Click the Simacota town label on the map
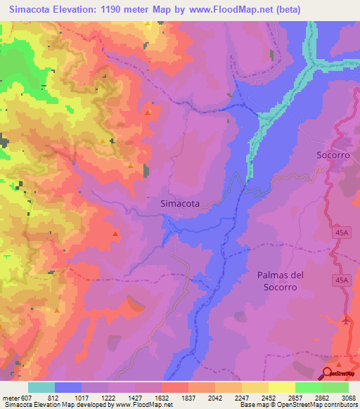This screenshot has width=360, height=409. pyautogui.click(x=180, y=203)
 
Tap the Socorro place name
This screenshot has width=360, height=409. pyautogui.click(x=333, y=155)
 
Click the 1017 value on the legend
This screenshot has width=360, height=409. pyautogui.click(x=81, y=398)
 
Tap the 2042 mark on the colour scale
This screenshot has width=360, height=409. pyautogui.click(x=214, y=398)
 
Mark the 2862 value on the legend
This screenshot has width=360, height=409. pyautogui.click(x=321, y=398)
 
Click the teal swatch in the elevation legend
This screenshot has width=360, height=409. pyautogui.click(x=41, y=387)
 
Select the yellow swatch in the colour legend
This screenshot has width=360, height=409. pyautogui.click(x=281, y=387)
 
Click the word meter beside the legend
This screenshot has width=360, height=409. pyautogui.click(x=11, y=398)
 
